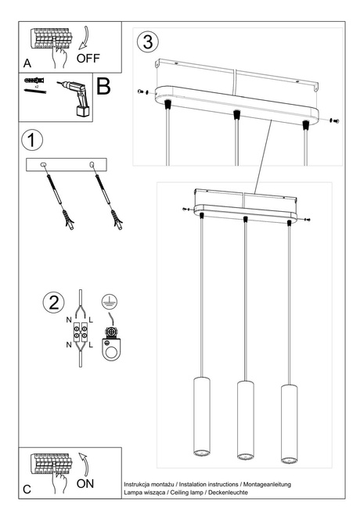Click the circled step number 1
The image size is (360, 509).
tap(31, 142)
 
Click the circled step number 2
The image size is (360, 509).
tap(52, 303)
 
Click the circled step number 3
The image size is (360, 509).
tap(149, 41)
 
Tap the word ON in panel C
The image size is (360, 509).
tap(85, 484)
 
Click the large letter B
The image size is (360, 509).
tap(103, 85)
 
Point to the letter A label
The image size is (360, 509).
tap(27, 62)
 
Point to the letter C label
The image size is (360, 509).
tap(27, 489)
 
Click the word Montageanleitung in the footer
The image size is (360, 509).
tap(264, 485)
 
